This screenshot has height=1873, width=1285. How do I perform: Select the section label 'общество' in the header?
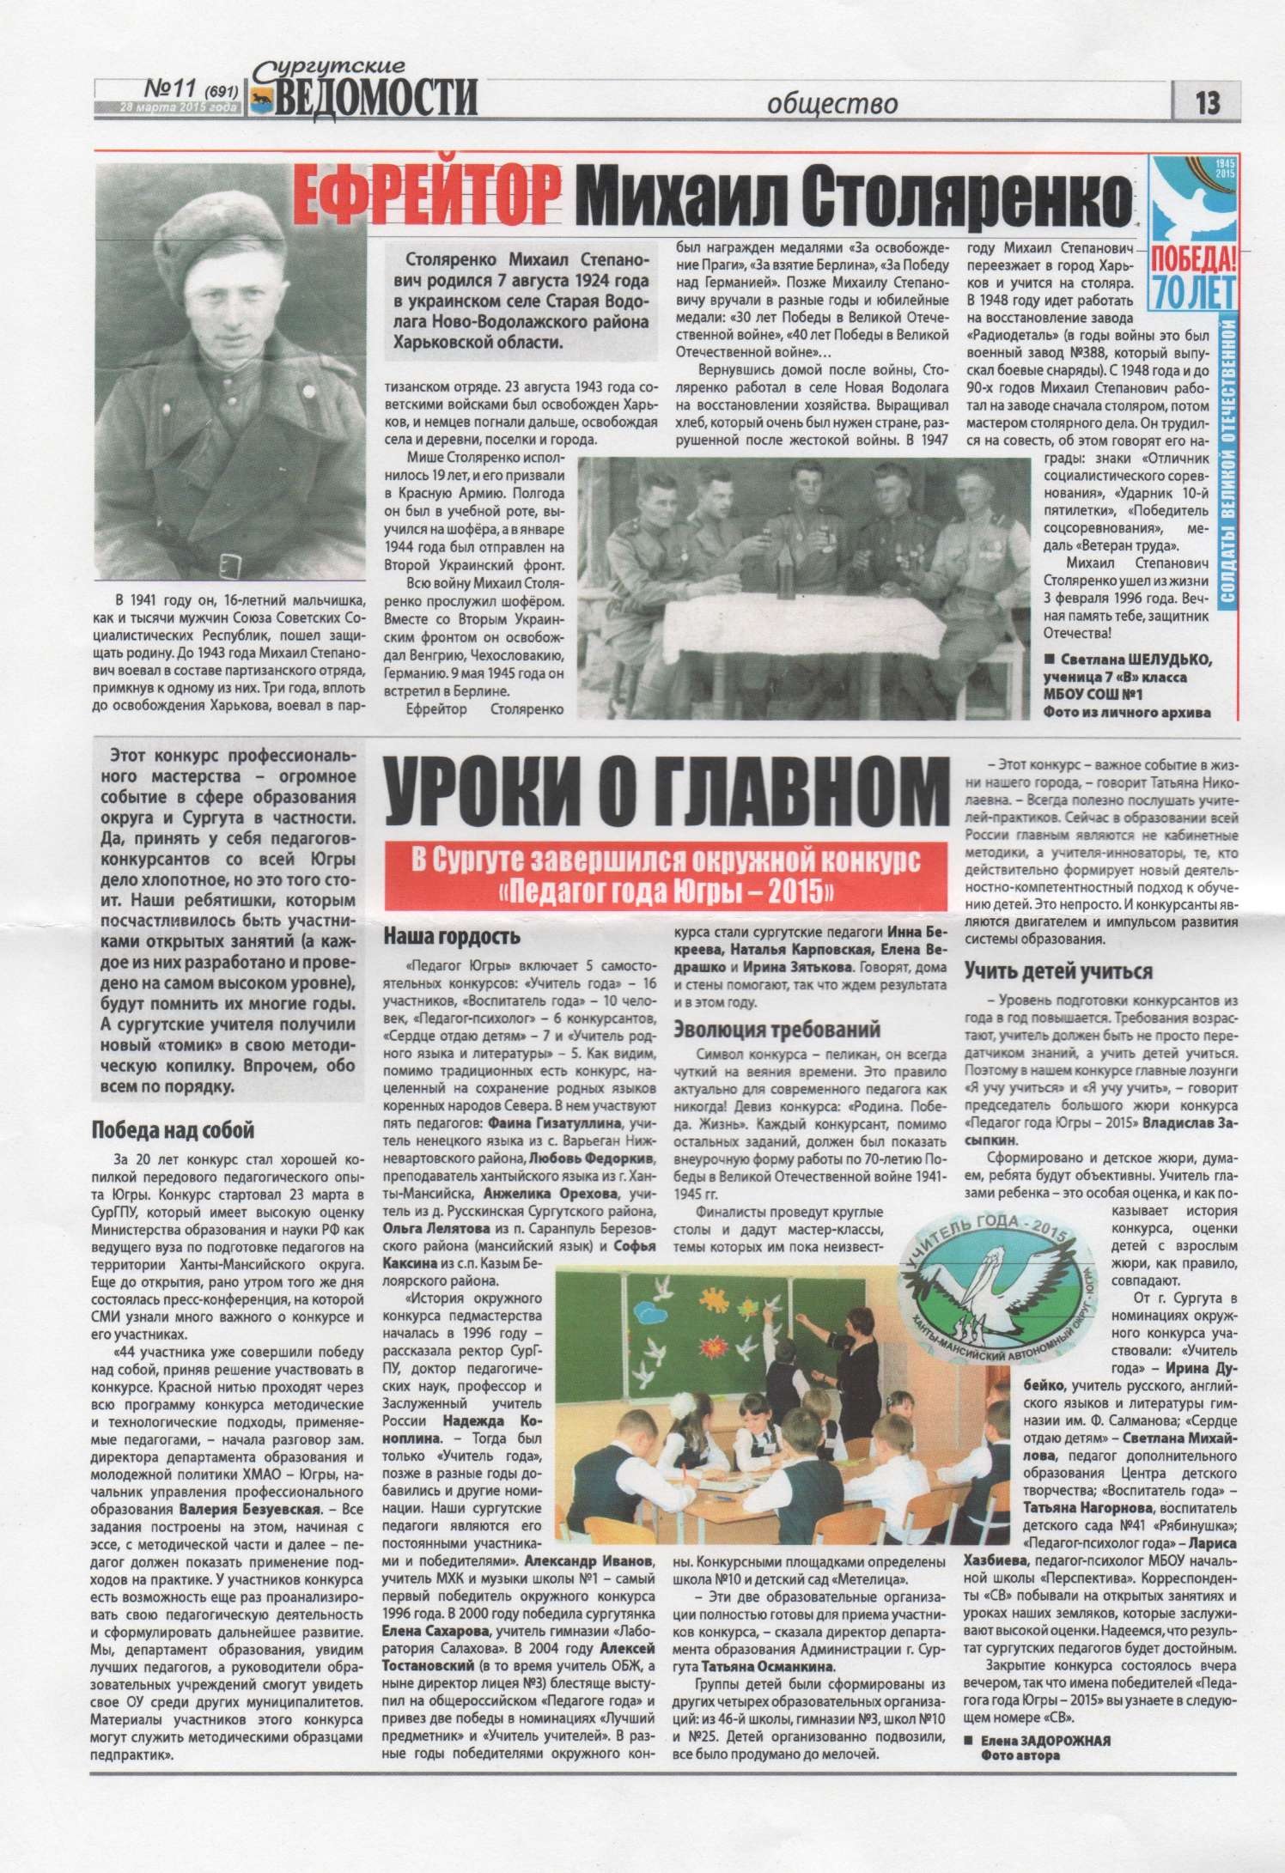832,104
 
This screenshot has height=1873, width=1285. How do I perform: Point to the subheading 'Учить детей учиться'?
1057,971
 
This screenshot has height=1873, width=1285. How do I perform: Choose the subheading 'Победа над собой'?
173,1130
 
